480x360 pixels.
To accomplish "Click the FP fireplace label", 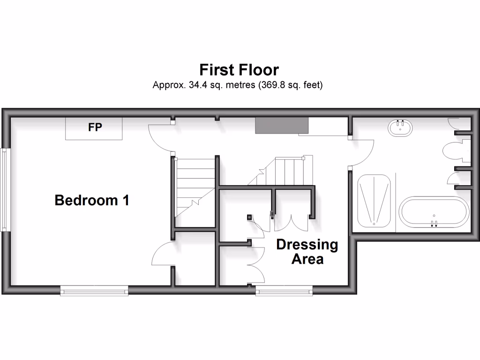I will (95, 127).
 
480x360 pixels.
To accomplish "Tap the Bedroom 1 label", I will (92, 201).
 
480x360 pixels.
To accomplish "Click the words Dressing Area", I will (307, 252).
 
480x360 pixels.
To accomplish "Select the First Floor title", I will (239, 70).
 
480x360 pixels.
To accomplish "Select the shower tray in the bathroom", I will (374, 201).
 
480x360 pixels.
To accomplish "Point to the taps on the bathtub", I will (434, 223).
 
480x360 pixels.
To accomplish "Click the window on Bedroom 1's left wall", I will (5, 190).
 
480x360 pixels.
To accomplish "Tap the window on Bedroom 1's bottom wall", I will (94, 292).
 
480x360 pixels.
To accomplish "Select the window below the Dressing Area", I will (284, 292).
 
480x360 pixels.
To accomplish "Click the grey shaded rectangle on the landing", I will (282, 126).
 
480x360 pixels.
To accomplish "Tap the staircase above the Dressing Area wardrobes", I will (281, 171).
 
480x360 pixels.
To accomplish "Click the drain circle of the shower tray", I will (374, 224).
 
